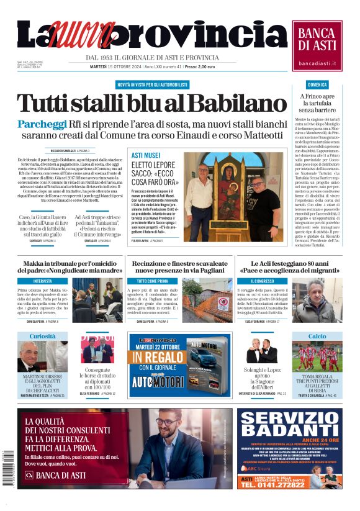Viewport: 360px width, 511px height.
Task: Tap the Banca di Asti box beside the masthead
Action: [x=317, y=45]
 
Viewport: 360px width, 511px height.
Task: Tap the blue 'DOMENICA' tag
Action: [x=317, y=84]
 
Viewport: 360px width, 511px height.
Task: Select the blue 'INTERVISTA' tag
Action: [x=43, y=281]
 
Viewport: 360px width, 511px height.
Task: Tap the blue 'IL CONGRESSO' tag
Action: [x=254, y=281]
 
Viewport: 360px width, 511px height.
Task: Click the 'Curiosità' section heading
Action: [x=43, y=337]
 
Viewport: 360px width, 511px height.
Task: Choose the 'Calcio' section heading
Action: [x=317, y=337]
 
